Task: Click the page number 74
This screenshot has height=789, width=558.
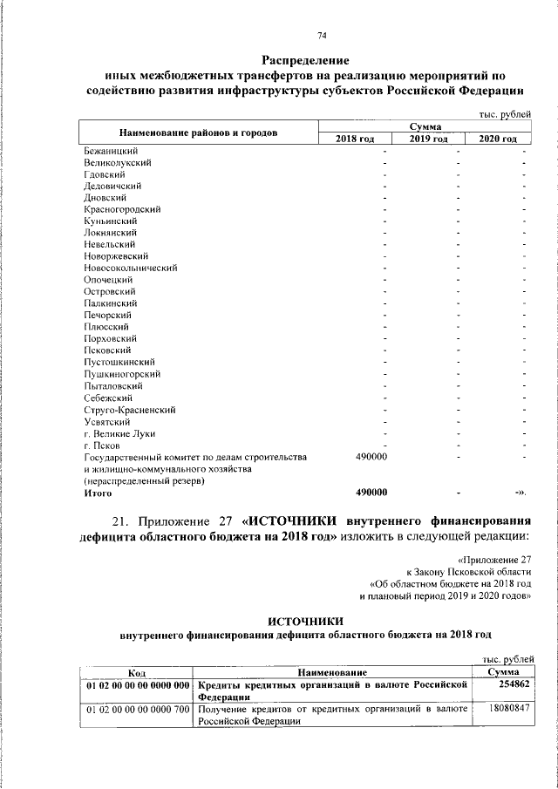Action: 322,35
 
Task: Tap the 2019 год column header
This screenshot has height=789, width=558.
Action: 429,139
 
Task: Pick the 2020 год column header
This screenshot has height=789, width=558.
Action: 499,139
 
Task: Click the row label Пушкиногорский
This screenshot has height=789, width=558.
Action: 119,373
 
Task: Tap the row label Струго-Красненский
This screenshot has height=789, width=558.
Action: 130,409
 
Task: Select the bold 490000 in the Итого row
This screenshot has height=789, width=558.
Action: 372,493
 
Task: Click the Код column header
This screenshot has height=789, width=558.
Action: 136,673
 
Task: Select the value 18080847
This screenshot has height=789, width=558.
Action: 505,710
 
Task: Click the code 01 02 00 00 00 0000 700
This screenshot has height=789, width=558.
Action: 136,710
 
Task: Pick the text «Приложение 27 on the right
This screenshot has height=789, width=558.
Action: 493,559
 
